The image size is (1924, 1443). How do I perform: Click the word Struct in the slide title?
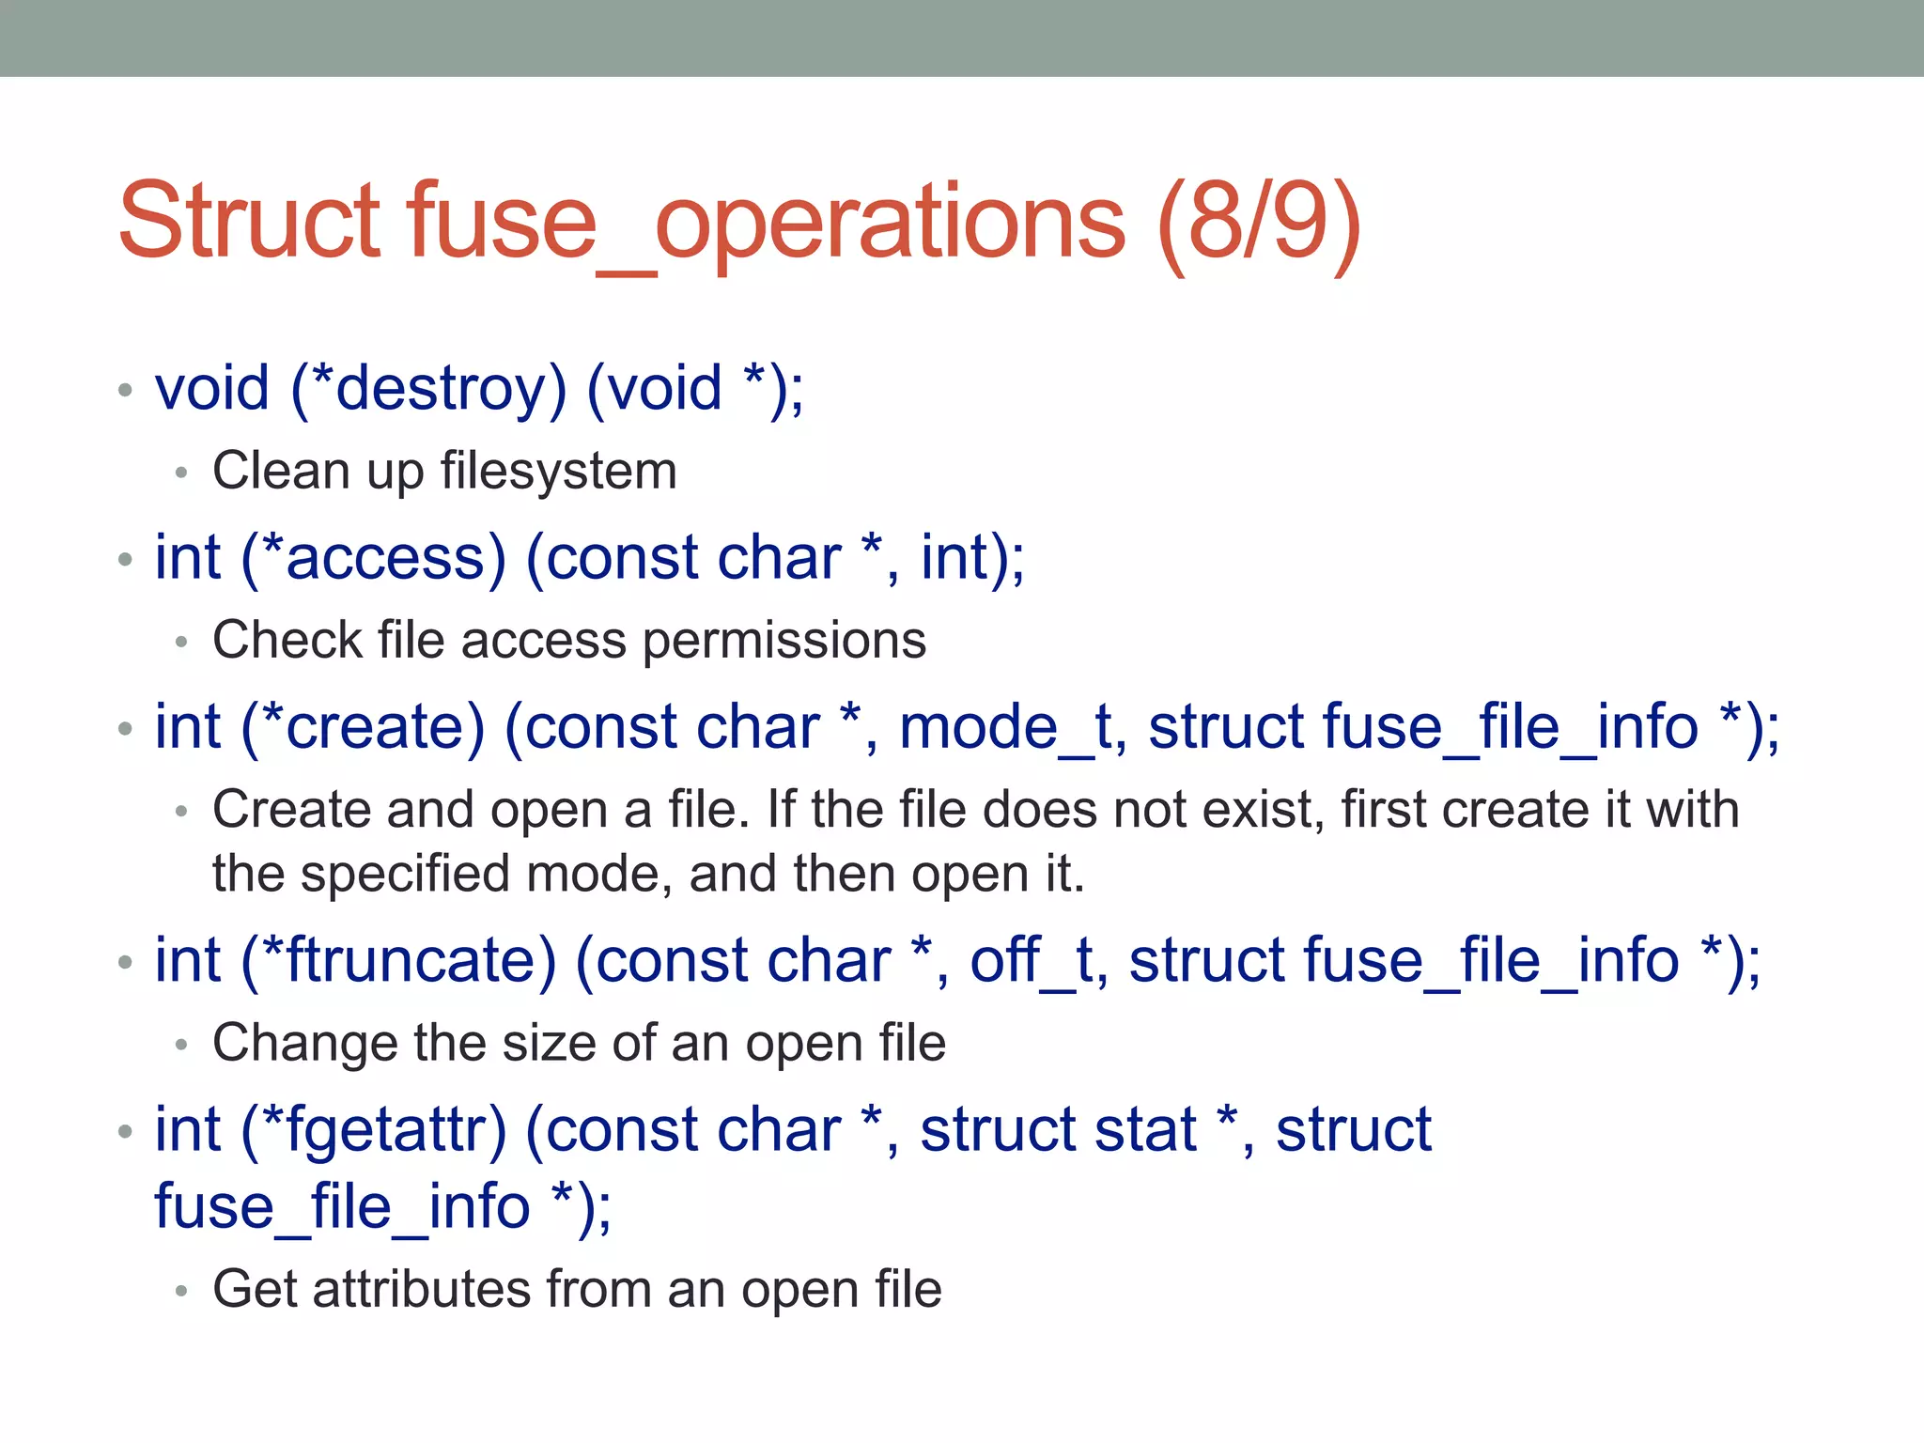[249, 222]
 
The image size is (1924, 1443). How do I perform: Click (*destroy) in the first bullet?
[428, 387]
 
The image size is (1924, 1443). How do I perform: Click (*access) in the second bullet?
[373, 557]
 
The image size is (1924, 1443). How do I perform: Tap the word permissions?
[784, 641]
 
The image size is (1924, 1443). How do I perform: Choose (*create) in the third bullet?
[363, 727]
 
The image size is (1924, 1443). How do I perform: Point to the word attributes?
[421, 1289]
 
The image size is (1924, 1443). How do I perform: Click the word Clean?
[280, 471]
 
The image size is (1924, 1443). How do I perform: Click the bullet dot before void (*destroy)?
[125, 390]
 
